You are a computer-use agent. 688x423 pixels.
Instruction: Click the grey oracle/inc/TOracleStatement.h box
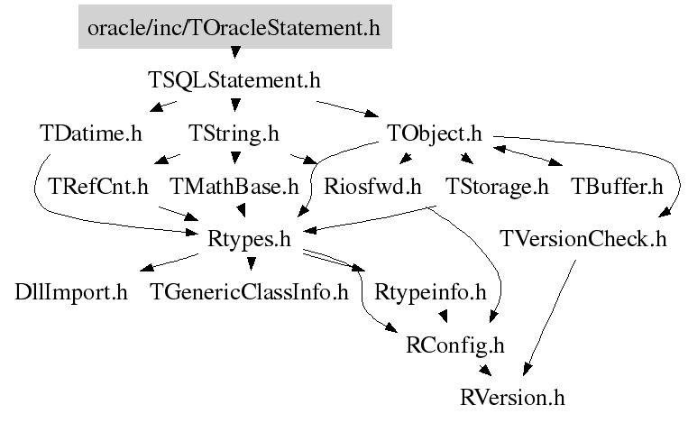click(235, 27)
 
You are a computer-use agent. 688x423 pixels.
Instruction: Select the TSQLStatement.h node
click(234, 80)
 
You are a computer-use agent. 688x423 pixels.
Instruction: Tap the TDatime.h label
click(91, 133)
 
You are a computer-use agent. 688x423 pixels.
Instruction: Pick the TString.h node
click(234, 133)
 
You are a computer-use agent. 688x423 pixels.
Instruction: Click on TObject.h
click(435, 133)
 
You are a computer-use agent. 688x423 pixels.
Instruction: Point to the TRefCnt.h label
click(98, 187)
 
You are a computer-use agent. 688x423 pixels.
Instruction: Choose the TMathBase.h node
click(234, 187)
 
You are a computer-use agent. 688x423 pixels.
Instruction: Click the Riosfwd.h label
click(372, 187)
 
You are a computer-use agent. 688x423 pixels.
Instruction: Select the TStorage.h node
click(497, 187)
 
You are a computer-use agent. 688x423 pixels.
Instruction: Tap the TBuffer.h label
click(617, 187)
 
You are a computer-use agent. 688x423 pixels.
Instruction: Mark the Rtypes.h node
click(249, 240)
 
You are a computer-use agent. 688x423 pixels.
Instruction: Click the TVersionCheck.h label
click(583, 240)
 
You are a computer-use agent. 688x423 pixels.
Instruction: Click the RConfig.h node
click(455, 345)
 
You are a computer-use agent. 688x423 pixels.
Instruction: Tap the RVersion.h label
click(512, 398)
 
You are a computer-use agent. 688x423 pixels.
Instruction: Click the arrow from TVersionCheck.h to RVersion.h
click(549, 318)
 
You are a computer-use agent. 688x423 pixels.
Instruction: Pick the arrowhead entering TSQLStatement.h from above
click(235, 52)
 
